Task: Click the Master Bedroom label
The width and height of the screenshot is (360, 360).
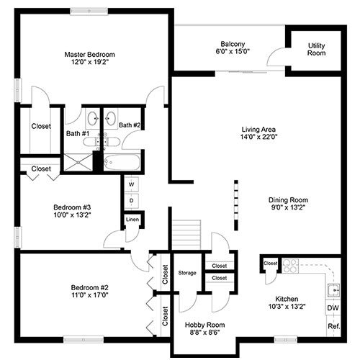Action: coord(89,55)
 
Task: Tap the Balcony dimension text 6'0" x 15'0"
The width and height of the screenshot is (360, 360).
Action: coord(233,51)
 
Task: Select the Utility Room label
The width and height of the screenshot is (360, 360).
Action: coord(316,49)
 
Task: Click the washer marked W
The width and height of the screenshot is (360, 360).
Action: coord(132,184)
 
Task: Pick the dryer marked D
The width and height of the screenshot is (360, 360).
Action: coord(132,201)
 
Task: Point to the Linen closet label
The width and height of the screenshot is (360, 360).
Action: coord(132,220)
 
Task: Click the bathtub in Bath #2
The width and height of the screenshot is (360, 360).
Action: coord(122,162)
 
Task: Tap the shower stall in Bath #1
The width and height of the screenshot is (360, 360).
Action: coord(78,163)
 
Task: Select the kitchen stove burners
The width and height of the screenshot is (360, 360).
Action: coord(290,266)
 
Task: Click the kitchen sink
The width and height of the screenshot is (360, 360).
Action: coord(334,291)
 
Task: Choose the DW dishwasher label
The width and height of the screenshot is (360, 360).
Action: coord(333,308)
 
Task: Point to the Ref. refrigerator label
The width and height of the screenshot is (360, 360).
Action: coord(334,326)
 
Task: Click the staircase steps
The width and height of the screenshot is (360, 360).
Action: coord(186,235)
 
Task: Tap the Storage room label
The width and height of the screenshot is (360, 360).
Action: coord(187,273)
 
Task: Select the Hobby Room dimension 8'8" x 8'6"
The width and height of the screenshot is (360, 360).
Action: coord(204,333)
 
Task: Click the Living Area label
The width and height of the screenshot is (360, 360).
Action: coord(258,130)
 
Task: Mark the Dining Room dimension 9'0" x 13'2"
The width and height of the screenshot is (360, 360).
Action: coord(288,207)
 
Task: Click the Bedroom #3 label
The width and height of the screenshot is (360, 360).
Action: coord(72,207)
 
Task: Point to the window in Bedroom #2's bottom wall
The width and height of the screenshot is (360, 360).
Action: coord(84,340)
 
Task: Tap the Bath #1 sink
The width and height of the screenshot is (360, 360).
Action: coord(93,119)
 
